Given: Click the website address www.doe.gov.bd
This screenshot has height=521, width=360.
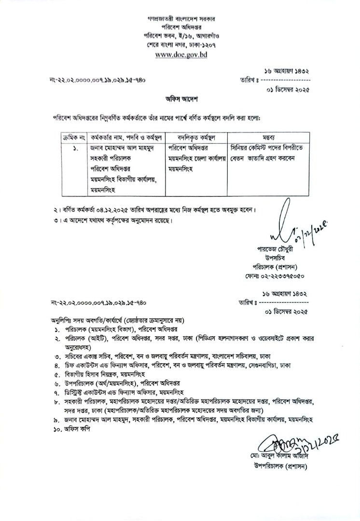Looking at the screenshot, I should point(180,55).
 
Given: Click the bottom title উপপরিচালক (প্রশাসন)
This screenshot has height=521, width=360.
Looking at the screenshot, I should point(277,466).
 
